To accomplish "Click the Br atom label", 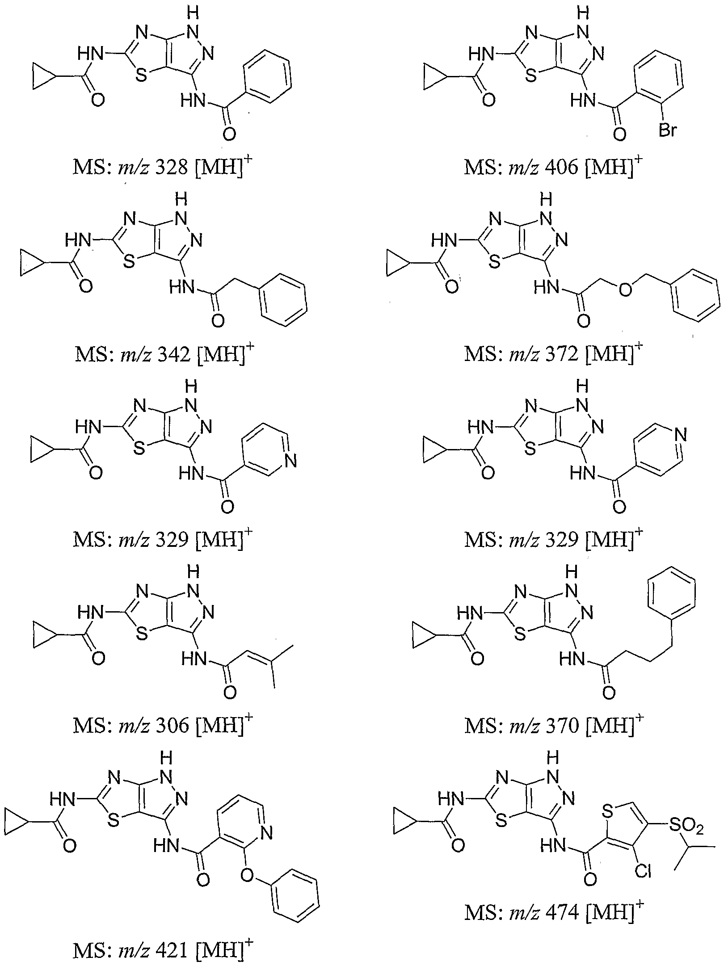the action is click(667, 130).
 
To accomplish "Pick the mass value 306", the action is click(172, 725).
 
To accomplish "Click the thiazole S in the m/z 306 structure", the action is click(141, 633).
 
